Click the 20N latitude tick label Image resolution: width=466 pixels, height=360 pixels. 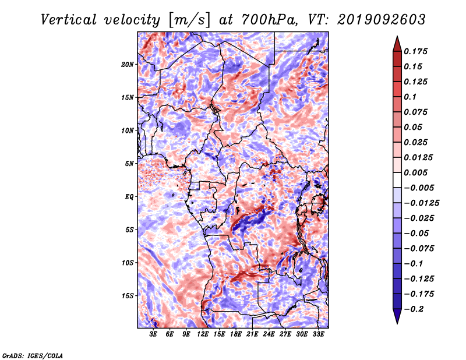tap(128, 65)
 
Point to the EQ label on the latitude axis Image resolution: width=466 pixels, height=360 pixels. tap(129, 197)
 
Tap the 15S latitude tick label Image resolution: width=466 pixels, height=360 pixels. tap(128, 296)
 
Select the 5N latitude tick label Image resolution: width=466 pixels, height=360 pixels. tap(129, 164)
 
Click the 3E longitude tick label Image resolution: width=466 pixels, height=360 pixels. tap(153, 334)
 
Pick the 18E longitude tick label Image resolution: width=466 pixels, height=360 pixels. tap(236, 334)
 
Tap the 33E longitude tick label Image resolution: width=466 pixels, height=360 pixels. tap(318, 334)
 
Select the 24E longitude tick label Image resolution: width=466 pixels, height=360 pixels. tap(269, 334)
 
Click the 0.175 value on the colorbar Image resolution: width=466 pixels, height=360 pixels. tap(415, 51)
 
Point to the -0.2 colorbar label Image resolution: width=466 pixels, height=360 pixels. tap(414, 309)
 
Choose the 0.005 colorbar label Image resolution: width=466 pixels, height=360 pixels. tap(415, 172)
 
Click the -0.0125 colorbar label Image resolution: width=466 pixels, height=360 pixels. tap(421, 203)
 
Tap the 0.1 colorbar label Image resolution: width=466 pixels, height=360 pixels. tap(410, 97)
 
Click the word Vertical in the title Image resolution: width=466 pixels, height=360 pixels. tap(69, 20)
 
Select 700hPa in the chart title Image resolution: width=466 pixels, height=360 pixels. tap(269, 20)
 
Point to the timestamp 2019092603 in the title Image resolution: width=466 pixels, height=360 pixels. tap(382, 20)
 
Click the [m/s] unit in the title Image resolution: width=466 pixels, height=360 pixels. tap(189, 20)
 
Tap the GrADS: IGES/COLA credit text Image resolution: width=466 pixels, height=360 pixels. tap(33, 356)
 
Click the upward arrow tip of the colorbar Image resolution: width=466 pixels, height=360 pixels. tap(397, 36)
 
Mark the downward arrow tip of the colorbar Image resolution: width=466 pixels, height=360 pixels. tap(397, 324)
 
